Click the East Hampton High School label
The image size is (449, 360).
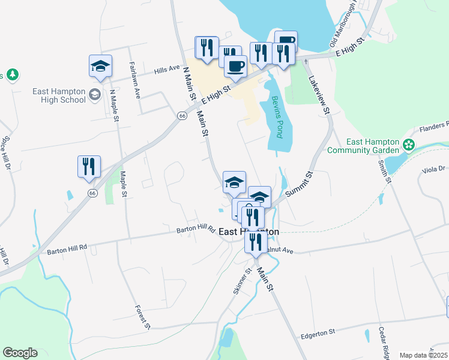(x=59, y=95)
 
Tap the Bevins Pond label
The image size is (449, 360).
(x=277, y=117)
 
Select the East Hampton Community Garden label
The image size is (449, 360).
(x=364, y=146)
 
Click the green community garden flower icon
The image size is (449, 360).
(x=409, y=145)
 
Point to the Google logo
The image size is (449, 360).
(x=20, y=353)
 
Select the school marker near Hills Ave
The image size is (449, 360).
(x=100, y=65)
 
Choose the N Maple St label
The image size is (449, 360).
(x=112, y=105)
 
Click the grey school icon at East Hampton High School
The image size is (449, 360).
(x=95, y=95)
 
